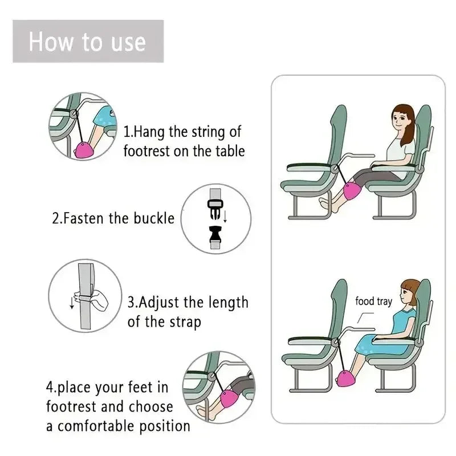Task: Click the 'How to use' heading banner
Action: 88,42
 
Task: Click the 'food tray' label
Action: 373,301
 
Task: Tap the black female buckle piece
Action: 215,234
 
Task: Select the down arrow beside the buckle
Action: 225,217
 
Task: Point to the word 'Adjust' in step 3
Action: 159,302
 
